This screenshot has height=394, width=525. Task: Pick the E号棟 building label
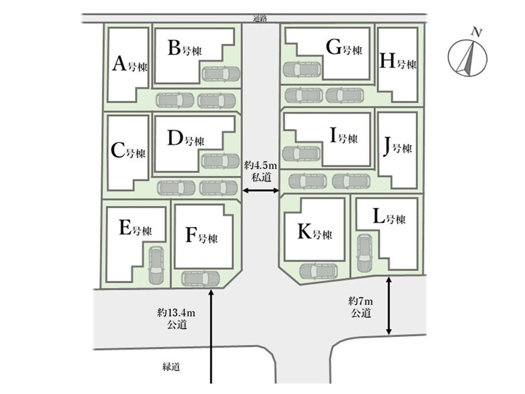(x=135, y=230)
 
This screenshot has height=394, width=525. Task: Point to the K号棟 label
(x=314, y=233)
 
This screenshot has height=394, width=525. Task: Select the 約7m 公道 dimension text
(x=361, y=307)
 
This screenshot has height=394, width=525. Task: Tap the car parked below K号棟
(x=318, y=270)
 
